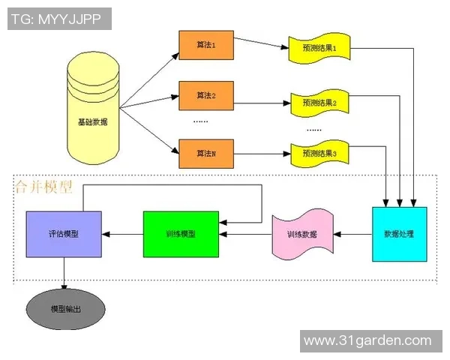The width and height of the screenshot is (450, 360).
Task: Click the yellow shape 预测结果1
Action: pos(319,49)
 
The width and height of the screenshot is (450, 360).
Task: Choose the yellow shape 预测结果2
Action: pos(319,101)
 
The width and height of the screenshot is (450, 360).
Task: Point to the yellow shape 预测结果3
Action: pos(319,154)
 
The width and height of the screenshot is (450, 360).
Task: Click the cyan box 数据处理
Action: pos(399,234)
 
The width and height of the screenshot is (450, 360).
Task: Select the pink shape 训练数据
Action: pos(302,235)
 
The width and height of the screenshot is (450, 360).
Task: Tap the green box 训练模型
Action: pos(181,234)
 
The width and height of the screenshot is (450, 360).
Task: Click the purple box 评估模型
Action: pos(64,234)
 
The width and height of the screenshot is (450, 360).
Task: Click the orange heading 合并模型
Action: pos(43,187)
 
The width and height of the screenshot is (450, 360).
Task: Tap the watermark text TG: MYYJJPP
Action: pos(60,18)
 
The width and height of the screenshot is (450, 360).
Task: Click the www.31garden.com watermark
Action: pos(367,340)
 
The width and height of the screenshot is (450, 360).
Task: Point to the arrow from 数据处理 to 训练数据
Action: pos(352,234)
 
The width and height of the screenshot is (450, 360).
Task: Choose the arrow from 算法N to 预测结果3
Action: pos(261,154)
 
